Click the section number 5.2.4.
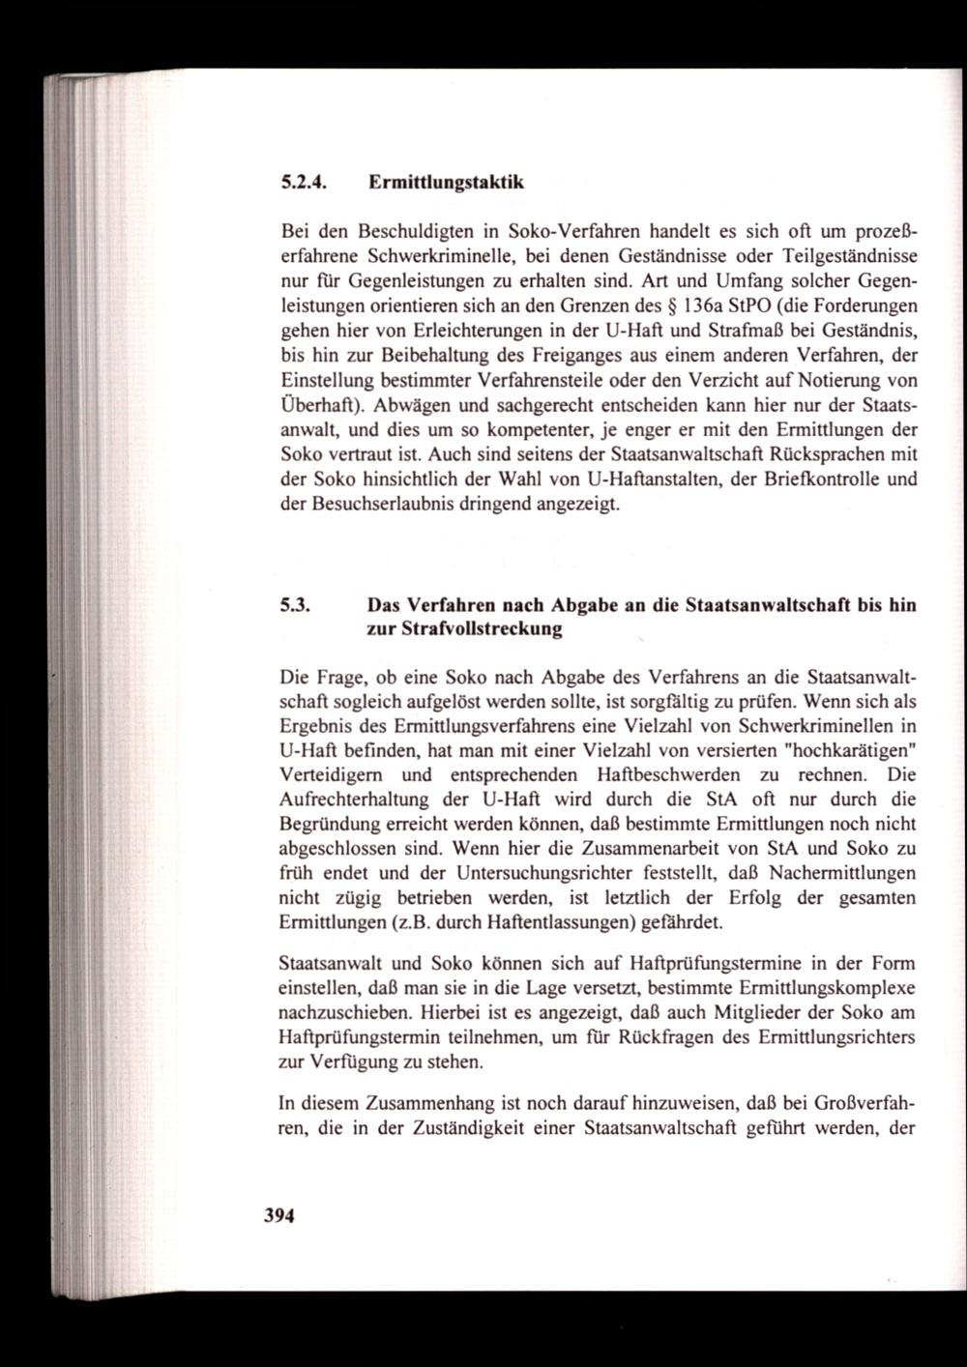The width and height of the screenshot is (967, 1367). tap(304, 182)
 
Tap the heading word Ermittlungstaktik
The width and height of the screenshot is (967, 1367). tap(446, 182)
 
